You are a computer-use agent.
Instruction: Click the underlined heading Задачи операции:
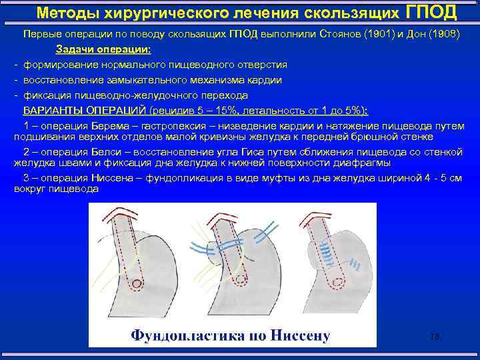pyautogui.click(x=103, y=49)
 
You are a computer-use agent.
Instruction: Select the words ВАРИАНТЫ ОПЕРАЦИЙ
pyautogui.click(x=85, y=111)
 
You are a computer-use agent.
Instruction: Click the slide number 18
pyautogui.click(x=434, y=337)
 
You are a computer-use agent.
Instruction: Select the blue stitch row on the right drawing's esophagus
pyautogui.click(x=326, y=254)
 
